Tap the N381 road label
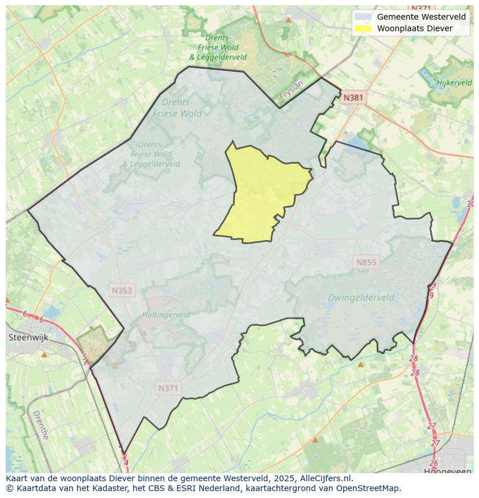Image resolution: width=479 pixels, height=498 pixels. point(352,98)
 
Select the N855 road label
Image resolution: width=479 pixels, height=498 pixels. point(366,262)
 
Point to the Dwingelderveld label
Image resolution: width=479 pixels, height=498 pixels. point(361,298)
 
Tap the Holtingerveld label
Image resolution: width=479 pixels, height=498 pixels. point(166,315)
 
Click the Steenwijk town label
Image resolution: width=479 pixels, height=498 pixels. point(28,337)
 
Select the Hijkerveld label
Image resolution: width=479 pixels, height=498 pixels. point(454,83)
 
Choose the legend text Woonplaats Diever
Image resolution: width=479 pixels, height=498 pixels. point(415,28)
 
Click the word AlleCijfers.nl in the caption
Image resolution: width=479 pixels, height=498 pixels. point(327,479)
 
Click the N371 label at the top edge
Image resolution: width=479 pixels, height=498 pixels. point(421,8)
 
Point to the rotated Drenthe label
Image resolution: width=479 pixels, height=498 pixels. point(40,425)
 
